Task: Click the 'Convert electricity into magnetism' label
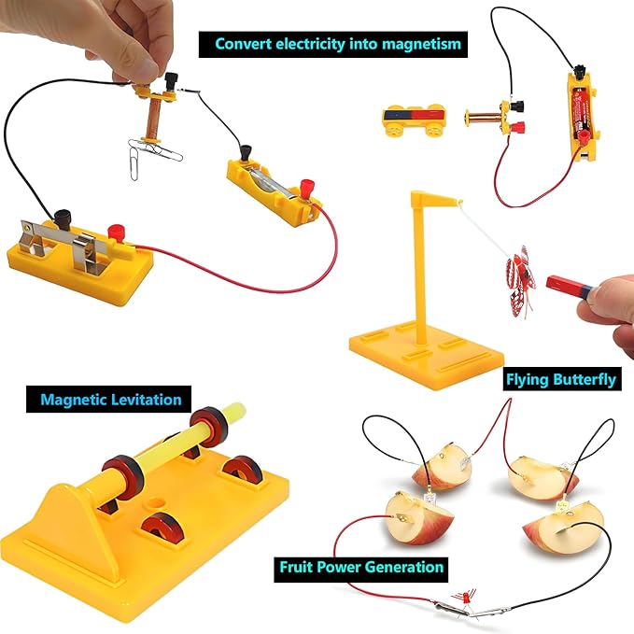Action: [x=338, y=43]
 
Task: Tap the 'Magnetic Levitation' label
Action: [x=110, y=400]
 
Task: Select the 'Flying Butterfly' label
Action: [x=560, y=380]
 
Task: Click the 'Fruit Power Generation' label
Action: [x=360, y=567]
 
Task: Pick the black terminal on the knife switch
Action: [x=65, y=220]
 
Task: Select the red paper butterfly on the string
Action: [x=519, y=271]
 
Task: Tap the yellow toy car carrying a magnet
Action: [x=414, y=120]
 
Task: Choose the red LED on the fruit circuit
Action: [x=464, y=595]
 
